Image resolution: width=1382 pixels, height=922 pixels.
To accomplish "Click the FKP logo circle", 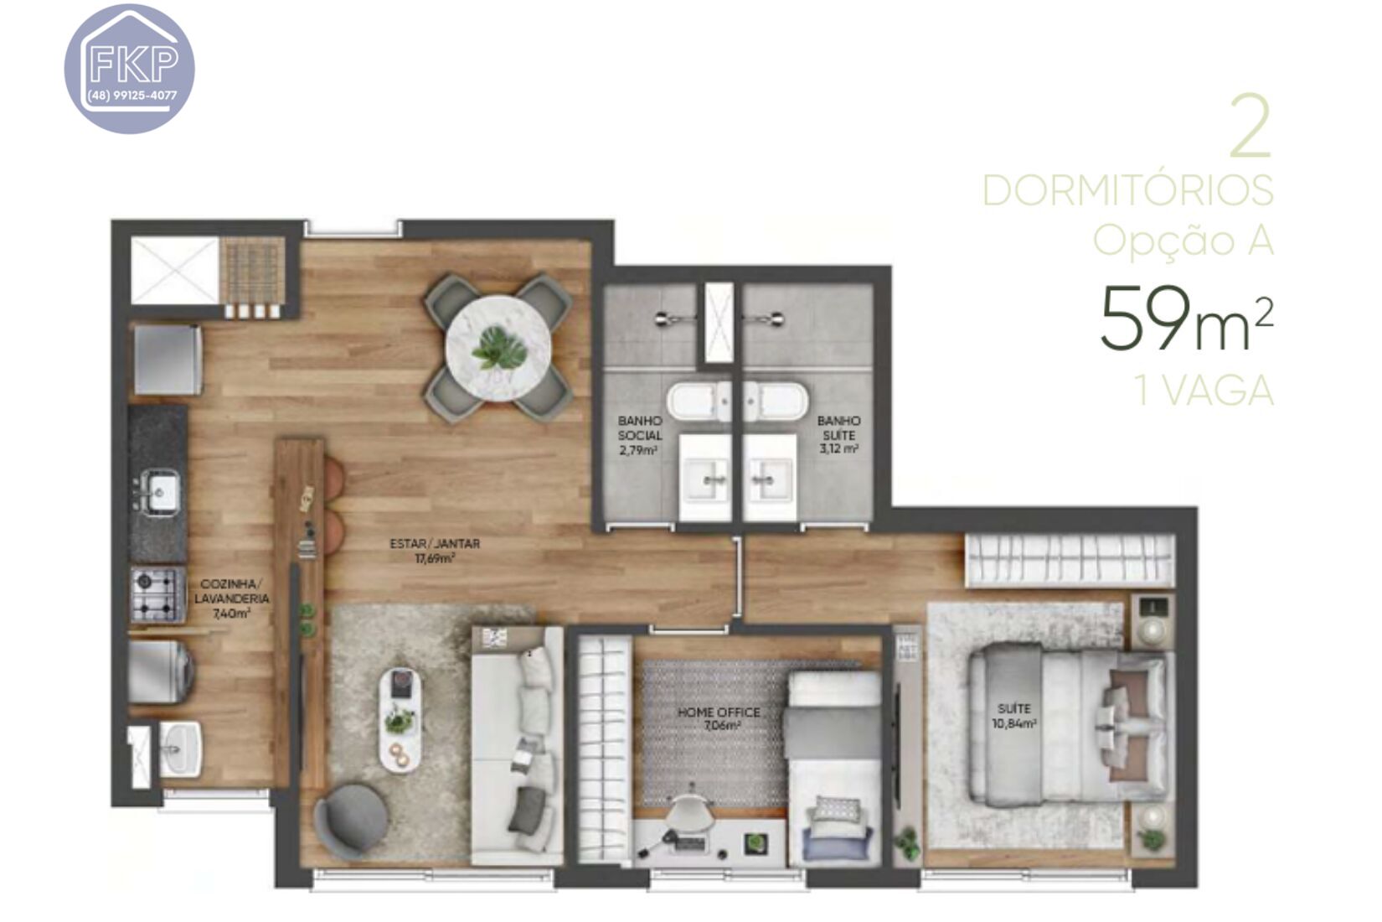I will point(130,69).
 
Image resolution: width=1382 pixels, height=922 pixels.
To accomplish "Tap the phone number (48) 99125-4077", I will point(132,96).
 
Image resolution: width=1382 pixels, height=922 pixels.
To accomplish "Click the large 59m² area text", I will point(1185,319).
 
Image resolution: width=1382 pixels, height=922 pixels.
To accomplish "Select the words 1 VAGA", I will point(1204,391).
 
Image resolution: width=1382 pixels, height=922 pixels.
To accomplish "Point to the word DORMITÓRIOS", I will point(1127,191).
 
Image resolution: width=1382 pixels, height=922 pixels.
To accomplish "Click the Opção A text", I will point(1183,241).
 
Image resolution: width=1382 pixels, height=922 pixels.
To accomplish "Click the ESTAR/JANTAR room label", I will point(435,551).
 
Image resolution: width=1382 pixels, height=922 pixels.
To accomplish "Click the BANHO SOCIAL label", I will point(639,435).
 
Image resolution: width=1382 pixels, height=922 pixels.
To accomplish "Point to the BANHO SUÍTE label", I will point(838,434).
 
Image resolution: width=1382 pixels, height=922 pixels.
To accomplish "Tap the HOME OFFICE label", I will point(719,718).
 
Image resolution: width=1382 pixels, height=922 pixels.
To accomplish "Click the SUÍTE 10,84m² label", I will point(1014,716).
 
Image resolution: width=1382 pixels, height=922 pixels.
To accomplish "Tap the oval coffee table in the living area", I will point(400,719).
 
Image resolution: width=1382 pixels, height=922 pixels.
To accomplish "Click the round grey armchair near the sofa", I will point(351,821).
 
